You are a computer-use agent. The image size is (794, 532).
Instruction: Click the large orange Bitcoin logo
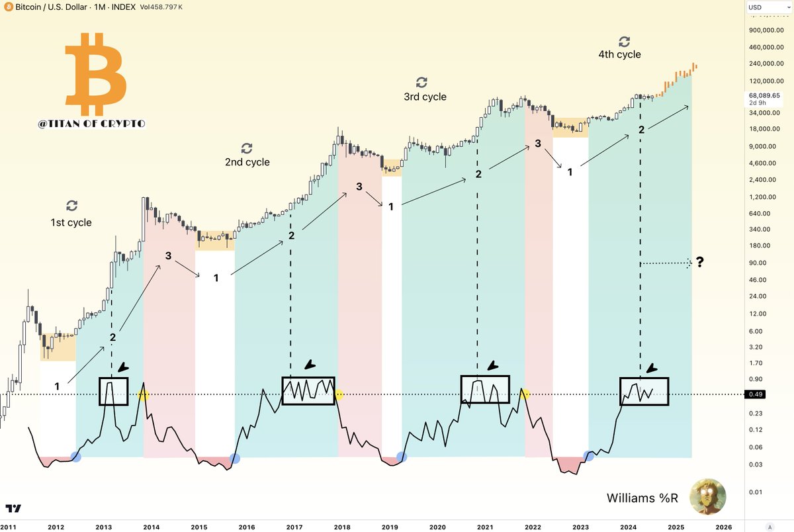[x=97, y=77]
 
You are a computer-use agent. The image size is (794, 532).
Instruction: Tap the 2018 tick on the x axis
[x=342, y=527]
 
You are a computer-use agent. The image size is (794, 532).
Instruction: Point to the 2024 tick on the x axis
[x=629, y=527]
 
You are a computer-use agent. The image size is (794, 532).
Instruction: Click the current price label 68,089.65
[x=764, y=95]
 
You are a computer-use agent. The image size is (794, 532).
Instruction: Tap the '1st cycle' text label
[x=71, y=222]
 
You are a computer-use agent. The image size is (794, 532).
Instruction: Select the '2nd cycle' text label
[x=247, y=162]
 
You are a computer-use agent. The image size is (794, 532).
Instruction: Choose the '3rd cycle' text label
[x=425, y=97]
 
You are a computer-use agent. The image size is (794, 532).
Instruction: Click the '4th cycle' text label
[x=619, y=55]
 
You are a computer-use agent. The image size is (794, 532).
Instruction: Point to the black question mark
[x=699, y=263]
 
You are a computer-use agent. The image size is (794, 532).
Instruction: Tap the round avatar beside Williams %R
[x=707, y=497]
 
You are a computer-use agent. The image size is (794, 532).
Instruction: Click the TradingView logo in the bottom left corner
[x=13, y=508]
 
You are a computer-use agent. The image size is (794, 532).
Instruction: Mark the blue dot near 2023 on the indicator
[x=589, y=456]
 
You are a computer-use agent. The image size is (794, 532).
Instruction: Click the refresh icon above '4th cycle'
[x=623, y=41]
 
